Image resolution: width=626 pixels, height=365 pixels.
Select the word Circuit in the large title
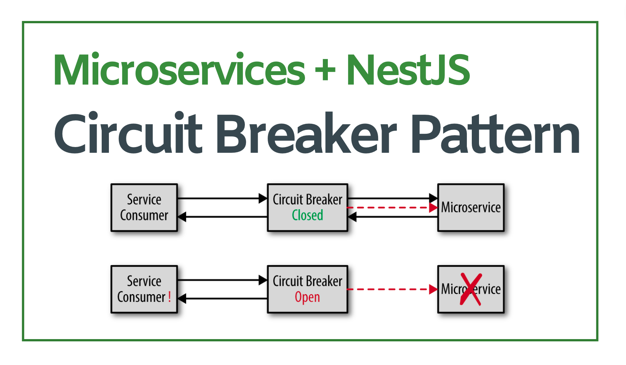(x=128, y=133)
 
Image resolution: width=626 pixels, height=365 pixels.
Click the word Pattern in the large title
(x=495, y=133)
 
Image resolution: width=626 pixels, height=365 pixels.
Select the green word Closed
(x=307, y=215)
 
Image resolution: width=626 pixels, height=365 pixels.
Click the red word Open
(x=307, y=297)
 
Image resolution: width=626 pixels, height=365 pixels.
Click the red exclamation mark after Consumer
(x=169, y=297)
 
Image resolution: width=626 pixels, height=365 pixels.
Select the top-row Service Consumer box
(x=144, y=208)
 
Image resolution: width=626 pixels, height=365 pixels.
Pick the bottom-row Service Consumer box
(x=144, y=289)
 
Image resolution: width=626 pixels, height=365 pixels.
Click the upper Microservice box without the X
(x=471, y=208)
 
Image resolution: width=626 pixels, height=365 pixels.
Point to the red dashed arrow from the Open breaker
(x=392, y=289)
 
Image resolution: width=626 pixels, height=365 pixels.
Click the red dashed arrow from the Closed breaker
(x=392, y=208)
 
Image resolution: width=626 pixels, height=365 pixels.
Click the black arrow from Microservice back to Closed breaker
(x=392, y=217)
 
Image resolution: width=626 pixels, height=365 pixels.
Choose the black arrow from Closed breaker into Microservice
(x=392, y=198)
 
